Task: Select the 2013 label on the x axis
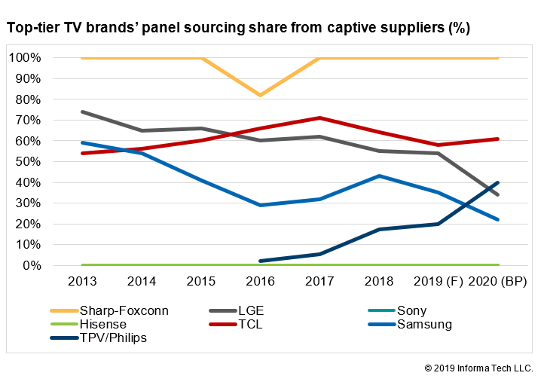click(81, 282)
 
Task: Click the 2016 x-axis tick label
click(261, 282)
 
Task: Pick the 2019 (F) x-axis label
click(439, 282)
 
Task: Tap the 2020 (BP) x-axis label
click(498, 282)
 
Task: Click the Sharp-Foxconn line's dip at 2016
click(261, 95)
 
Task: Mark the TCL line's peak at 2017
click(320, 118)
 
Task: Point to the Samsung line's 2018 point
click(379, 176)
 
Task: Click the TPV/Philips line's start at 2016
click(261, 261)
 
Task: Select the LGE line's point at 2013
click(81, 112)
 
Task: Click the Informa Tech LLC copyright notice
click(478, 368)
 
